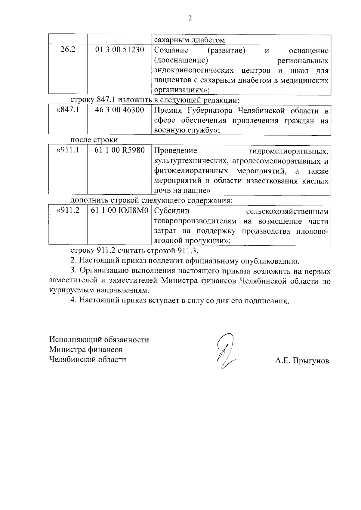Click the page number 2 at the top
[x=190, y=18]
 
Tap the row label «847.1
[x=68, y=110]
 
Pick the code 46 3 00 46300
[x=120, y=110]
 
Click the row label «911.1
[x=68, y=150]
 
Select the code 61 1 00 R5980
[x=120, y=150]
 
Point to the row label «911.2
[x=68, y=211]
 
